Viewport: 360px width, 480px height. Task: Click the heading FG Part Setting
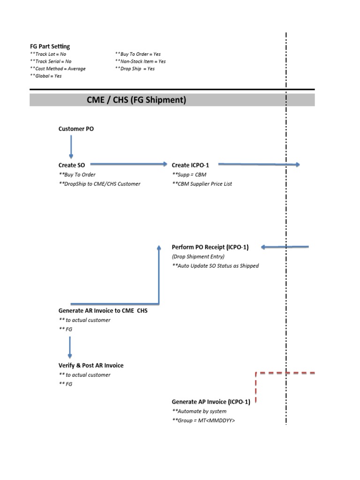[50, 46]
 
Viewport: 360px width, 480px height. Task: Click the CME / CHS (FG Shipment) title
[136, 100]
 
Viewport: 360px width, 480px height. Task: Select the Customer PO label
[76, 128]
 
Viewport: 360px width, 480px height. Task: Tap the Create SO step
[72, 165]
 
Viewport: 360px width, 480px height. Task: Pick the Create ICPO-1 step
[190, 165]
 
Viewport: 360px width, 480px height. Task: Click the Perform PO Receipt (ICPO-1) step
[210, 247]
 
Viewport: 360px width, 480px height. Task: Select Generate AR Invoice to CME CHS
[103, 310]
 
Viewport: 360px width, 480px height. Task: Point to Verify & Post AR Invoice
[91, 365]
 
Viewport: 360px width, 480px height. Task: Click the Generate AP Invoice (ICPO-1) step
[211, 402]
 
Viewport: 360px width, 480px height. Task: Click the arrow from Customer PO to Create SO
[71, 147]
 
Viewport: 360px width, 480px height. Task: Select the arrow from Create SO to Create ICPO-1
[128, 164]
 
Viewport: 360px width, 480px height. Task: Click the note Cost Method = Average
[58, 68]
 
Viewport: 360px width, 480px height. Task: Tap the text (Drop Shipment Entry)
[198, 256]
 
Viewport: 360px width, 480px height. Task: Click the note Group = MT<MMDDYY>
[203, 420]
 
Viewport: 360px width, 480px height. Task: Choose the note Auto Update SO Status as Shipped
[215, 266]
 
